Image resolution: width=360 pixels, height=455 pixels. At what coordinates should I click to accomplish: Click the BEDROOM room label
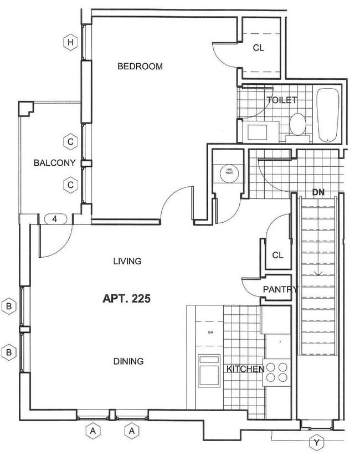[140, 67]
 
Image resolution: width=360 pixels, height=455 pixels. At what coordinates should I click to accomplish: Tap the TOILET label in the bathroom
[282, 100]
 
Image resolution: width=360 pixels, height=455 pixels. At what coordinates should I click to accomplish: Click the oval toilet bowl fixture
[297, 124]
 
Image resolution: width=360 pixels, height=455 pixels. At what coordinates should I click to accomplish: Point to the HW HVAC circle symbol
[228, 172]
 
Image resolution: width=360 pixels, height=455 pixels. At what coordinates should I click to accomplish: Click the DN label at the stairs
[318, 193]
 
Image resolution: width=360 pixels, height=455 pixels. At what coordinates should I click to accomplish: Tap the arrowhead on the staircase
[318, 273]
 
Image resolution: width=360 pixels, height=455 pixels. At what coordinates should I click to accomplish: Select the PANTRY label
[280, 289]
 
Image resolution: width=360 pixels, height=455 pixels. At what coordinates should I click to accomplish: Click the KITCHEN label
[244, 369]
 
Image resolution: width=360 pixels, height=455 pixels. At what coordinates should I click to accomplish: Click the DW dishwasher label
[210, 333]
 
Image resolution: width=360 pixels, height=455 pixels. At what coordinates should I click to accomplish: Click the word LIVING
[127, 261]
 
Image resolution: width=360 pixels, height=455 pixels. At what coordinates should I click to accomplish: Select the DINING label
[128, 361]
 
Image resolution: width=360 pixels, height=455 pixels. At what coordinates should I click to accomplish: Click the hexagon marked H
[70, 42]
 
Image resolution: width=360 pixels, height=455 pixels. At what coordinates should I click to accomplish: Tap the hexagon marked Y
[316, 442]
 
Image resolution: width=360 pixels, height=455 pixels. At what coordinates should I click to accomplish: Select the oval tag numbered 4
[54, 219]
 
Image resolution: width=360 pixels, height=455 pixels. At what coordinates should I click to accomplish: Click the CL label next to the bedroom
[259, 48]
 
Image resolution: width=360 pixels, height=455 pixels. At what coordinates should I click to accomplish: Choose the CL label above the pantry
[277, 255]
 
